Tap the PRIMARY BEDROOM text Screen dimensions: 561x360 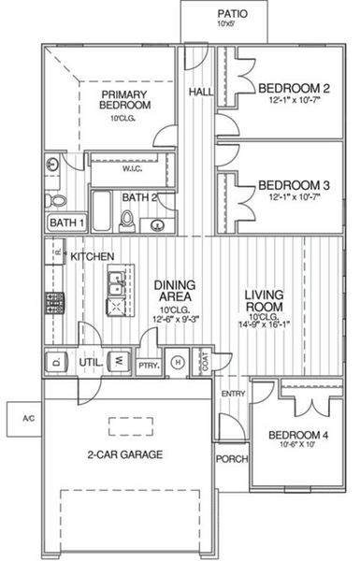(126, 99)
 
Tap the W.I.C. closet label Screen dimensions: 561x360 (131, 169)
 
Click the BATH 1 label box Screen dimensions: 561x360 (66, 223)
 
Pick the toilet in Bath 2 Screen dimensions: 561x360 (127, 219)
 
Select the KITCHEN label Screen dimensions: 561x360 (94, 256)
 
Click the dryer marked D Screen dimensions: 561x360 (55, 361)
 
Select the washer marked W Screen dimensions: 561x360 (120, 361)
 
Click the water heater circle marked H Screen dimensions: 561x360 (178, 363)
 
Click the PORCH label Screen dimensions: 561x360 (231, 459)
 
